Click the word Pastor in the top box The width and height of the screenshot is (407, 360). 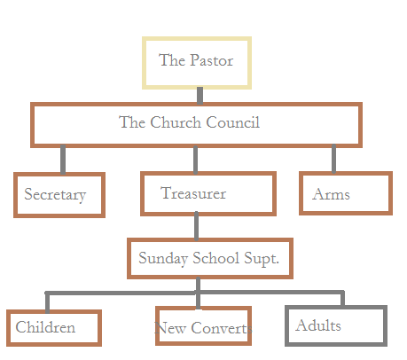pos(211,60)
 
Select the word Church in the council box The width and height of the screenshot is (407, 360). pos(176,122)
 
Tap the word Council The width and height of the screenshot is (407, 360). pos(233,122)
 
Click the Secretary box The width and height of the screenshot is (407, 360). pos(59,195)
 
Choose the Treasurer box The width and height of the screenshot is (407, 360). pos(208,193)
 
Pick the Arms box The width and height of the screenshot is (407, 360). pos(346,193)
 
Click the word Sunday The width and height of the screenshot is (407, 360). pos(163,259)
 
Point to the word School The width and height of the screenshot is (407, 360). pos(216,258)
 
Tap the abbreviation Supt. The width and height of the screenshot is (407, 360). pos(262,259)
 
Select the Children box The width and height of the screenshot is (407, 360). pos(54,328)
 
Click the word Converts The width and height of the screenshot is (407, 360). pos(222,328)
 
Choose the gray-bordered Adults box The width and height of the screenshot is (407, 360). pos(336,325)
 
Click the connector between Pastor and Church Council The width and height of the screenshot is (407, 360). pos(200,96)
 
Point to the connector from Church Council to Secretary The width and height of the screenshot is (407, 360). pos(63,160)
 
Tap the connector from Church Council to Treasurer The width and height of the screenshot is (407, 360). pos(196,160)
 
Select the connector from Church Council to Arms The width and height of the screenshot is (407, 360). pos(333,159)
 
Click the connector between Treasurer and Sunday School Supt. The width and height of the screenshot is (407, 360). pos(197,226)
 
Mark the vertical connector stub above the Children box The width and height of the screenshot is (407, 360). pos(47,302)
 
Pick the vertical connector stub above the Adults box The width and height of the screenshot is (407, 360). pos(342,299)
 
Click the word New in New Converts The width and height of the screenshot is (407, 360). pos(170,328)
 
